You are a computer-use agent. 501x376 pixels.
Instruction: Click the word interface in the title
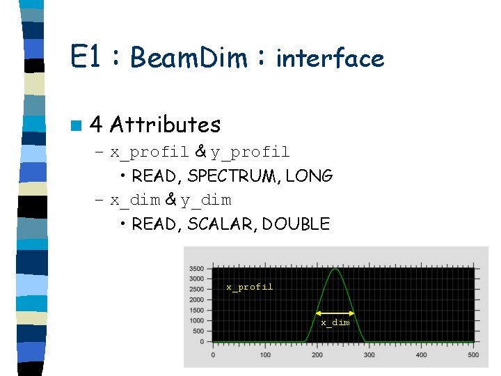pyautogui.click(x=330, y=58)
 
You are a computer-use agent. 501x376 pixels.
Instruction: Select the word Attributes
pyautogui.click(x=166, y=125)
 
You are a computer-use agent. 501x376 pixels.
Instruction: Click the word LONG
pyautogui.click(x=310, y=176)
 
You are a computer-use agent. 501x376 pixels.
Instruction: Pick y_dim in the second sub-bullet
pyautogui.click(x=206, y=201)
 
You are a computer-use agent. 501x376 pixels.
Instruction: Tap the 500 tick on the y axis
pyautogui.click(x=198, y=331)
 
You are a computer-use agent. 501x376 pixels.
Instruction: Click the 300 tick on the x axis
pyautogui.click(x=369, y=355)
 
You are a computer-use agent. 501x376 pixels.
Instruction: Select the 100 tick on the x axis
pyautogui.click(x=265, y=355)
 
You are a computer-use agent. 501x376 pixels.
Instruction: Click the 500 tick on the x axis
pyautogui.click(x=473, y=355)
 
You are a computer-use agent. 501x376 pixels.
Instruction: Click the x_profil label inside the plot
pyautogui.click(x=250, y=287)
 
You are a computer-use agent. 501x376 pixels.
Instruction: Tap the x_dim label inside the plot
pyautogui.click(x=335, y=322)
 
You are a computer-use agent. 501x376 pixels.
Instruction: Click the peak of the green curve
pyautogui.click(x=335, y=269)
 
